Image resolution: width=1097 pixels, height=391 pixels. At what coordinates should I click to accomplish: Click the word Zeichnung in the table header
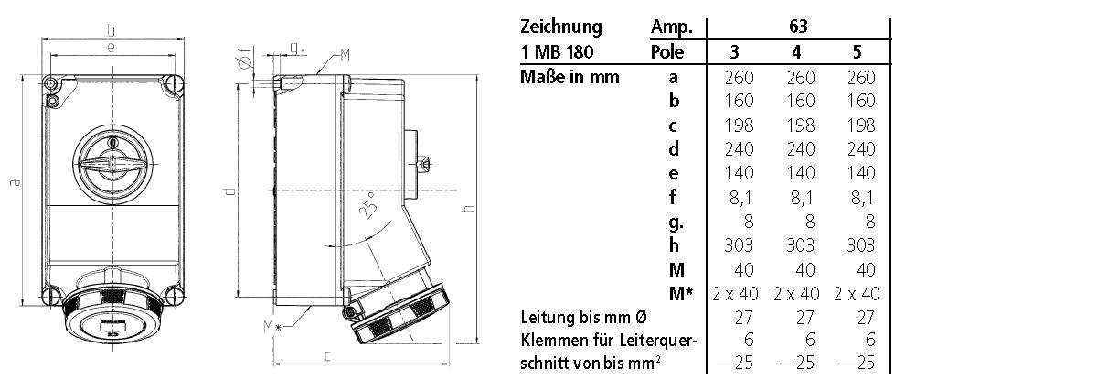coord(560,27)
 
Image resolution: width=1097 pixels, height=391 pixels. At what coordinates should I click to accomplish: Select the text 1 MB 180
coord(558,52)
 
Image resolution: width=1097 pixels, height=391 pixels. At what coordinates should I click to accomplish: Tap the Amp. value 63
coord(797,27)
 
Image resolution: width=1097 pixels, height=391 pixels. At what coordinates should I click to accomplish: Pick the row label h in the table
coord(674,244)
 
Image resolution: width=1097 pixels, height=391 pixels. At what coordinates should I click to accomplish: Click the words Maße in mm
coord(570,77)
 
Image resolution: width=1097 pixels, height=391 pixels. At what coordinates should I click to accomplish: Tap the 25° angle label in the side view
coord(367,208)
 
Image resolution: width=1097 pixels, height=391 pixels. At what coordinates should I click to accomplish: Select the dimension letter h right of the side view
coord(469,209)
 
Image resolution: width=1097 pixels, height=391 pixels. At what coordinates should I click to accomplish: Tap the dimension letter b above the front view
coord(111,27)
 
